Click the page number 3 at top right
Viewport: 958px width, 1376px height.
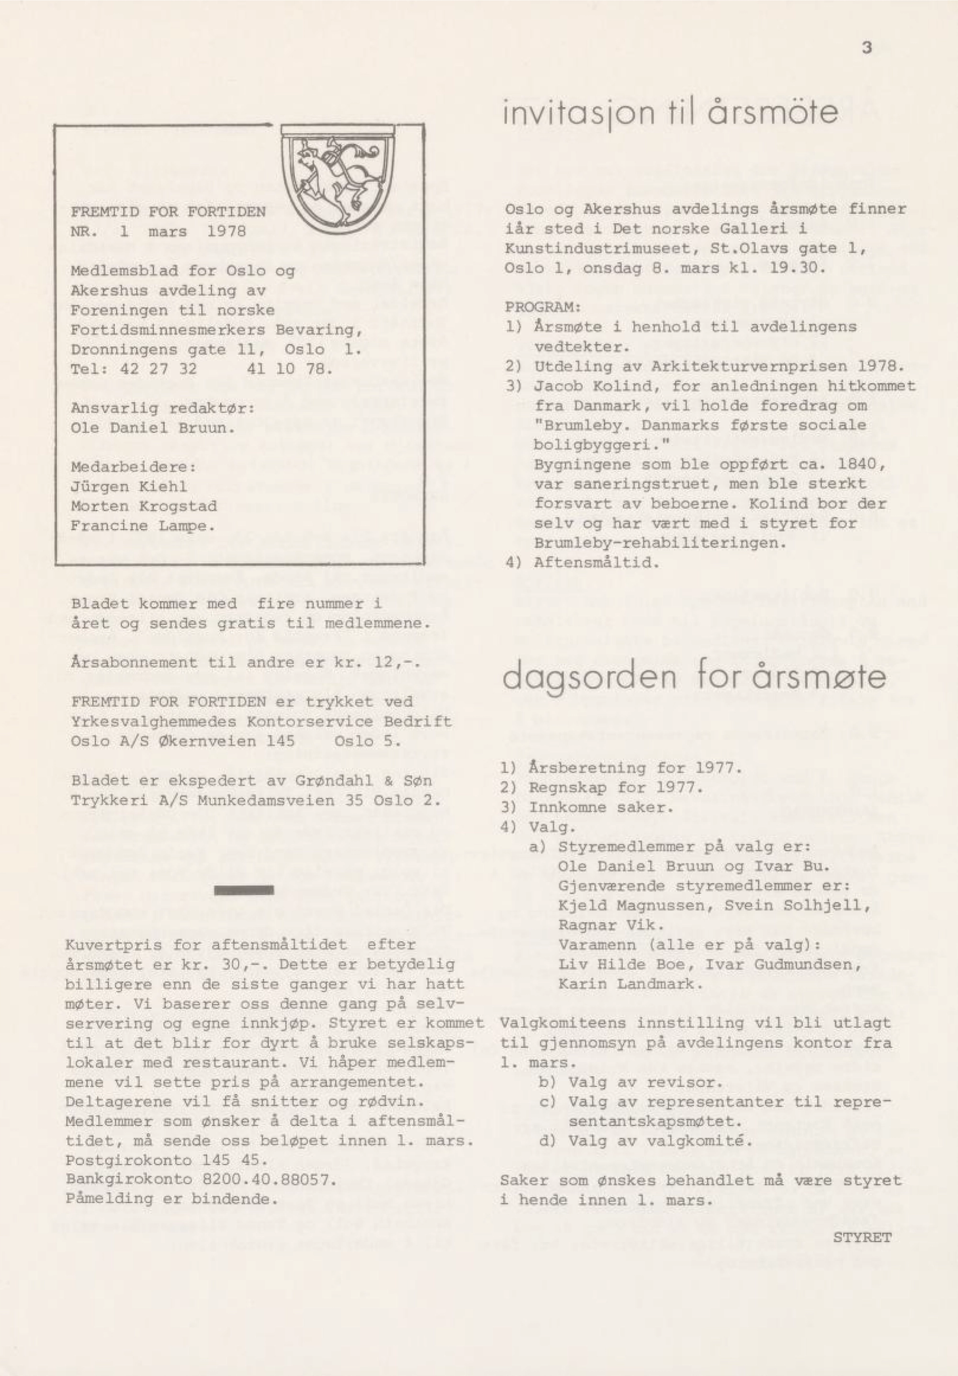867,48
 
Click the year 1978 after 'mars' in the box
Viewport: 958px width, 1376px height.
226,231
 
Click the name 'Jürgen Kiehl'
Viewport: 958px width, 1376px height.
129,486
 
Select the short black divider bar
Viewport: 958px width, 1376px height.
244,890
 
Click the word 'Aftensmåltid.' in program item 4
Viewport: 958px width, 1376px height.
596,563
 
